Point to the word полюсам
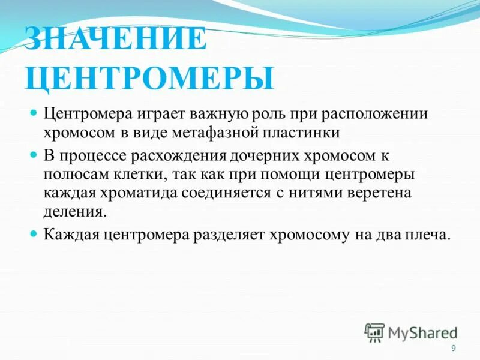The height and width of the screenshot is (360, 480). (x=73, y=175)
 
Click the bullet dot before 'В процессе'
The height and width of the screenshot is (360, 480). (x=34, y=155)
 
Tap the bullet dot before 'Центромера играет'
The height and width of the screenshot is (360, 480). (x=34, y=112)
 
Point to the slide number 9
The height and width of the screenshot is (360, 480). (x=453, y=349)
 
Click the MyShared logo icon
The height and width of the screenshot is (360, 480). (x=374, y=332)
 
